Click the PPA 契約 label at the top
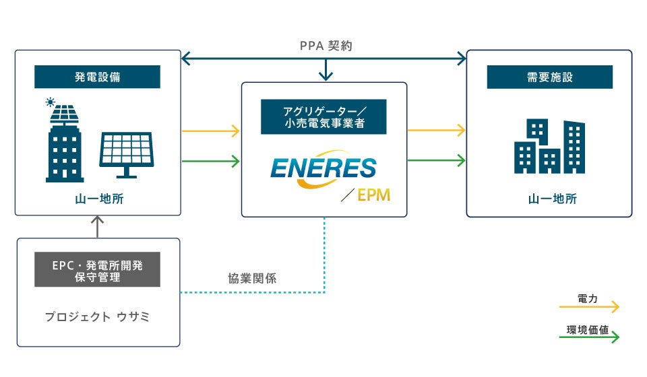pyautogui.click(x=326, y=46)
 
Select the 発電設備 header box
pyautogui.click(x=97, y=77)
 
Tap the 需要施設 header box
pyautogui.click(x=549, y=77)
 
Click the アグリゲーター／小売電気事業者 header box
pyautogui.click(x=324, y=117)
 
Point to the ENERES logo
pyautogui.click(x=323, y=168)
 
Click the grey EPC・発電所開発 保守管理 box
pyautogui.click(x=97, y=269)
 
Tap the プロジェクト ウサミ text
pyautogui.click(x=97, y=316)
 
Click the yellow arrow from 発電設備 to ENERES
pyautogui.click(x=211, y=131)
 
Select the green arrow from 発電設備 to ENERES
pyautogui.click(x=211, y=161)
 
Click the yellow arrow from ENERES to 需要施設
pyautogui.click(x=437, y=131)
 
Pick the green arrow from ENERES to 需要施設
pyautogui.click(x=437, y=161)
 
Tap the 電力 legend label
pyautogui.click(x=588, y=297)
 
